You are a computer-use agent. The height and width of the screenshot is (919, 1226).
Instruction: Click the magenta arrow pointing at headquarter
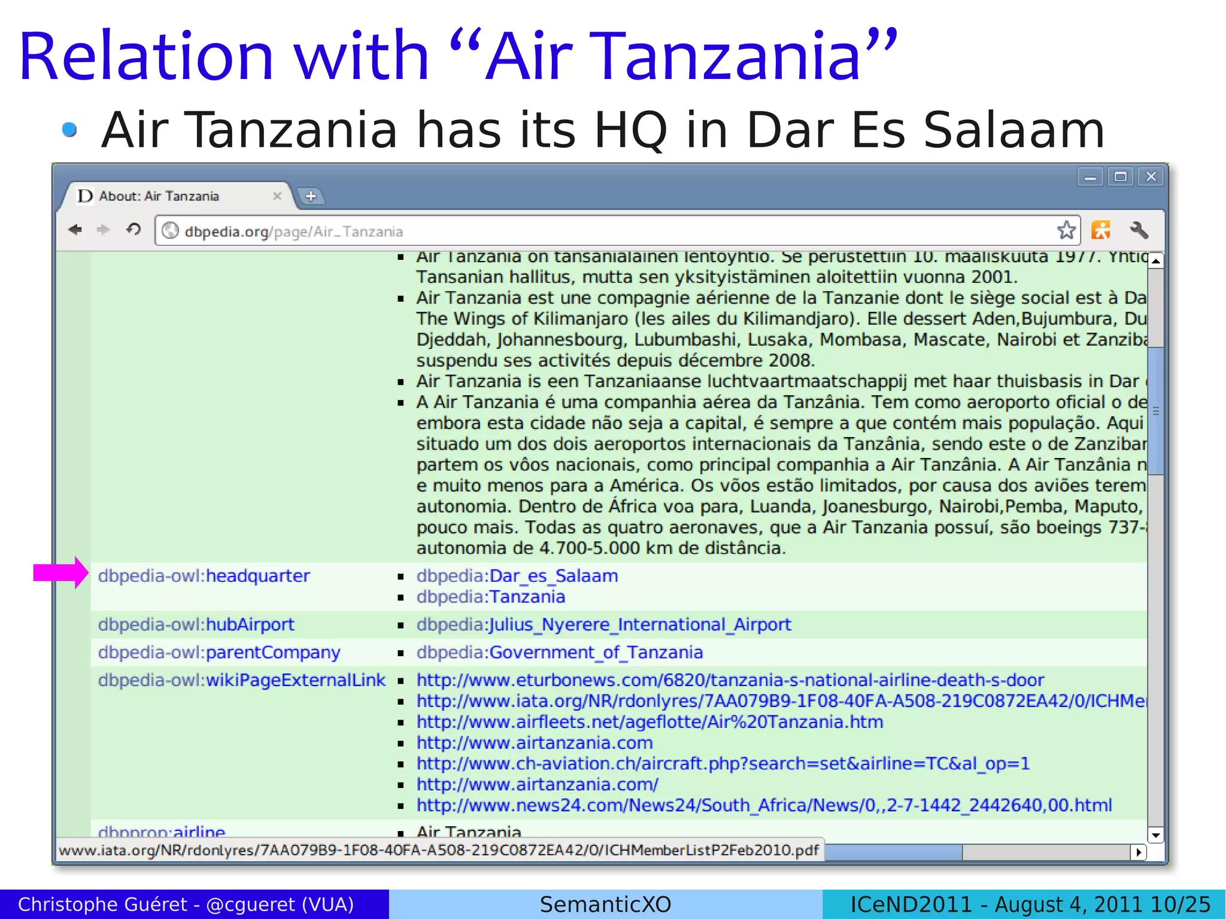pyautogui.click(x=60, y=573)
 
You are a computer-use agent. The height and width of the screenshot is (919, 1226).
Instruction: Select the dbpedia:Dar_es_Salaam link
pyautogui.click(x=517, y=576)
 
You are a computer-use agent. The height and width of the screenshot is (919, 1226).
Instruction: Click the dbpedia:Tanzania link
pyautogui.click(x=490, y=597)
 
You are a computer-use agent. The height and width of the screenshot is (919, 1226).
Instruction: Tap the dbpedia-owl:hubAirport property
pyautogui.click(x=196, y=624)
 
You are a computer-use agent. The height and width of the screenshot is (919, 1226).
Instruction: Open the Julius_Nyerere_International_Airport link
pyautogui.click(x=603, y=624)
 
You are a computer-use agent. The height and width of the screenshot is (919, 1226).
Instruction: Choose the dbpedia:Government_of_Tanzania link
pyautogui.click(x=559, y=652)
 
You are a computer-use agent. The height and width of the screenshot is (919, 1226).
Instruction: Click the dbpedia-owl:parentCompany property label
pyautogui.click(x=219, y=652)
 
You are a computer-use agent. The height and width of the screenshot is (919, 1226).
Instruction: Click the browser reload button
pyautogui.click(x=133, y=230)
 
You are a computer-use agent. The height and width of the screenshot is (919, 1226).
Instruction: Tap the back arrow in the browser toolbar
pyautogui.click(x=75, y=230)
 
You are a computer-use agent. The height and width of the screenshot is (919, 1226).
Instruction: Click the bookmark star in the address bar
pyautogui.click(x=1066, y=230)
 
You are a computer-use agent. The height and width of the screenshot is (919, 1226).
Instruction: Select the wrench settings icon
pyautogui.click(x=1139, y=230)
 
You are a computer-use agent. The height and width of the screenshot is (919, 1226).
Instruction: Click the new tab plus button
pyautogui.click(x=311, y=196)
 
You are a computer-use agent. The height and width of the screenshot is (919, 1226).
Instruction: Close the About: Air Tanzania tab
pyautogui.click(x=277, y=196)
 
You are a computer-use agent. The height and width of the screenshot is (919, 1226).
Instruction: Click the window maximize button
pyautogui.click(x=1120, y=177)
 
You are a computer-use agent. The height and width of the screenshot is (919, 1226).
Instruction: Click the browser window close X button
pyautogui.click(x=1151, y=177)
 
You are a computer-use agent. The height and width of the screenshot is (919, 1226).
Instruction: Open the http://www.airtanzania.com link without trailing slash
pyautogui.click(x=534, y=743)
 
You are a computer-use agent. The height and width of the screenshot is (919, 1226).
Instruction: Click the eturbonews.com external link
pyautogui.click(x=730, y=680)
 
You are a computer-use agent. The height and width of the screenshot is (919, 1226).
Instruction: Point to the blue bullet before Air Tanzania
pyautogui.click(x=69, y=129)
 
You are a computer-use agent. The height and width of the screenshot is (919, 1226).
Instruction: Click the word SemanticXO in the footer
pyautogui.click(x=605, y=904)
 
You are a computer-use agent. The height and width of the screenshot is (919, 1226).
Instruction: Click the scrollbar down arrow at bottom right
pyautogui.click(x=1155, y=835)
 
